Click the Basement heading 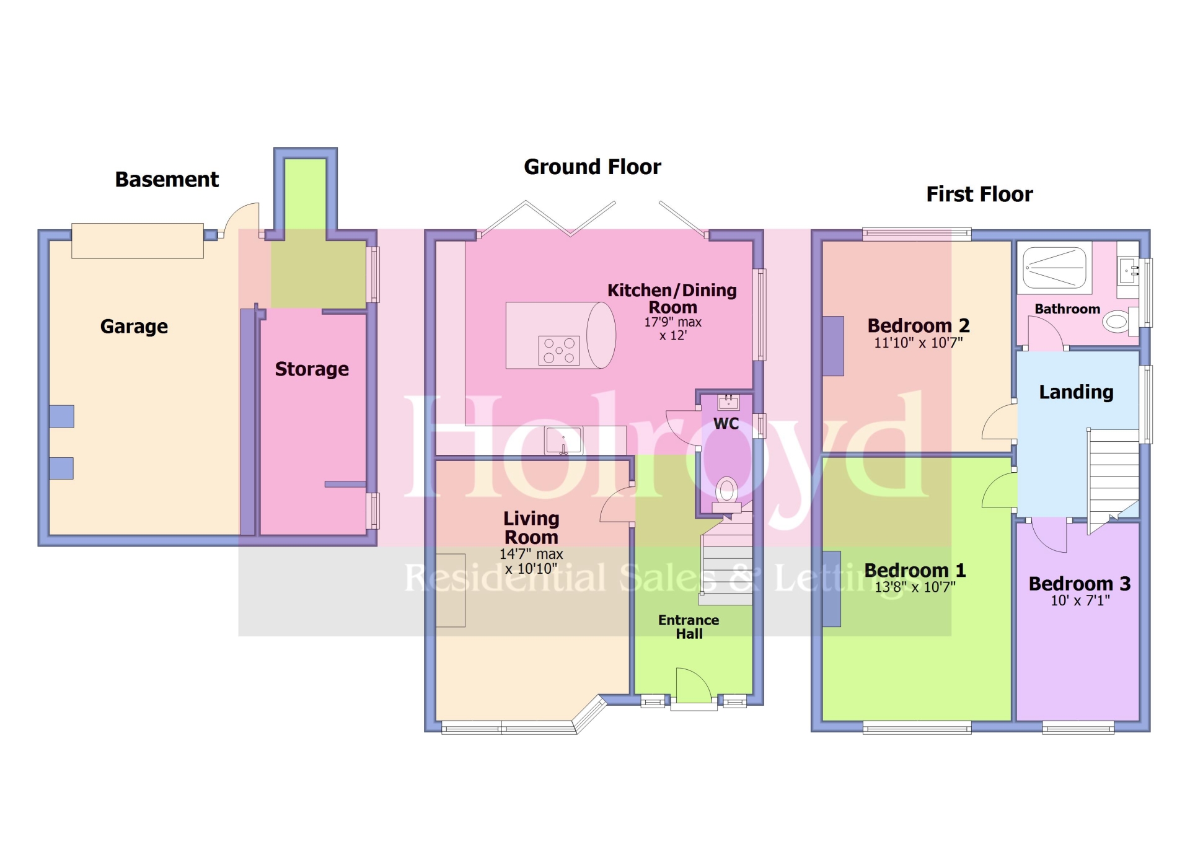click(x=167, y=180)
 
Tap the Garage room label click(x=134, y=327)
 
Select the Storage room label click(x=312, y=369)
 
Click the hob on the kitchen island click(x=559, y=351)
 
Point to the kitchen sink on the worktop click(x=563, y=441)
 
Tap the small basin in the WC click(x=728, y=403)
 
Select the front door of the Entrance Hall click(x=692, y=688)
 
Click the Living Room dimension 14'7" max click(x=531, y=554)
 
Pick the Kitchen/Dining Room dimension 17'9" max click(x=672, y=322)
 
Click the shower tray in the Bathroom click(x=1054, y=268)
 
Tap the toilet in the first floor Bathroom click(x=1118, y=321)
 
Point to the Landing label click(x=1076, y=392)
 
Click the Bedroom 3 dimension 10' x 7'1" click(x=1080, y=600)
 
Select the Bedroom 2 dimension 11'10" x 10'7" click(x=918, y=343)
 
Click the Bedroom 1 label click(x=915, y=570)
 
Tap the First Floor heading click(x=979, y=195)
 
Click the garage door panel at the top click(x=138, y=241)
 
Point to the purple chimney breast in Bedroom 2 click(x=833, y=346)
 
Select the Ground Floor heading click(x=593, y=167)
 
